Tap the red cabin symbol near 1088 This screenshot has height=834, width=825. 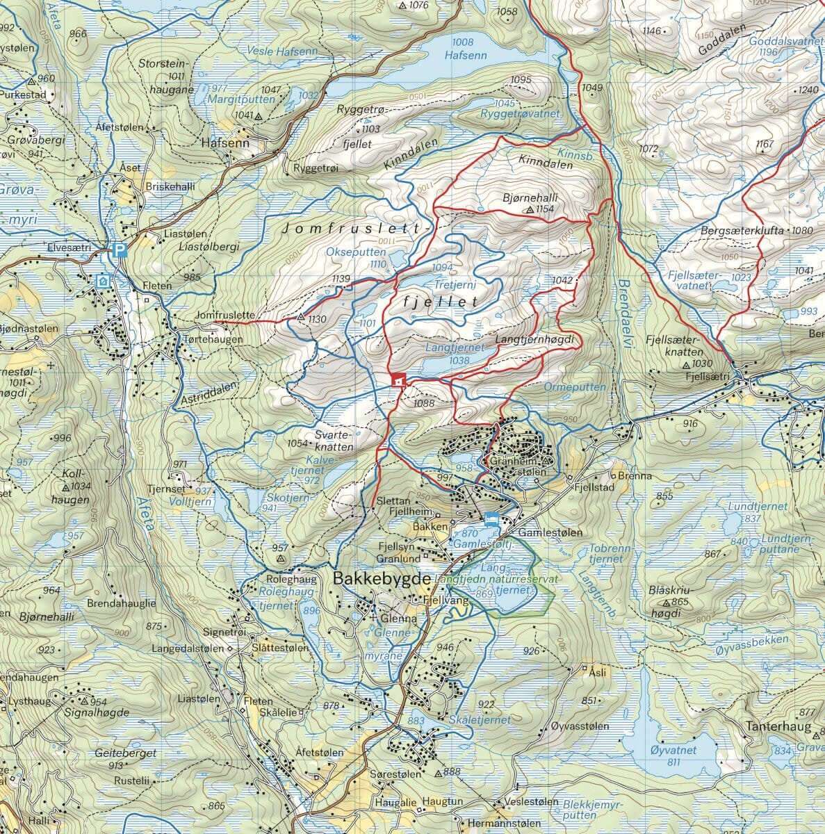tap(398, 380)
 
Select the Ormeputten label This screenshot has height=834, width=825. tap(574, 386)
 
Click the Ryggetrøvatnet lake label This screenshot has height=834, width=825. tap(519, 113)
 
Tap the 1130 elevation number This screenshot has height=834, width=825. tap(317, 319)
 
